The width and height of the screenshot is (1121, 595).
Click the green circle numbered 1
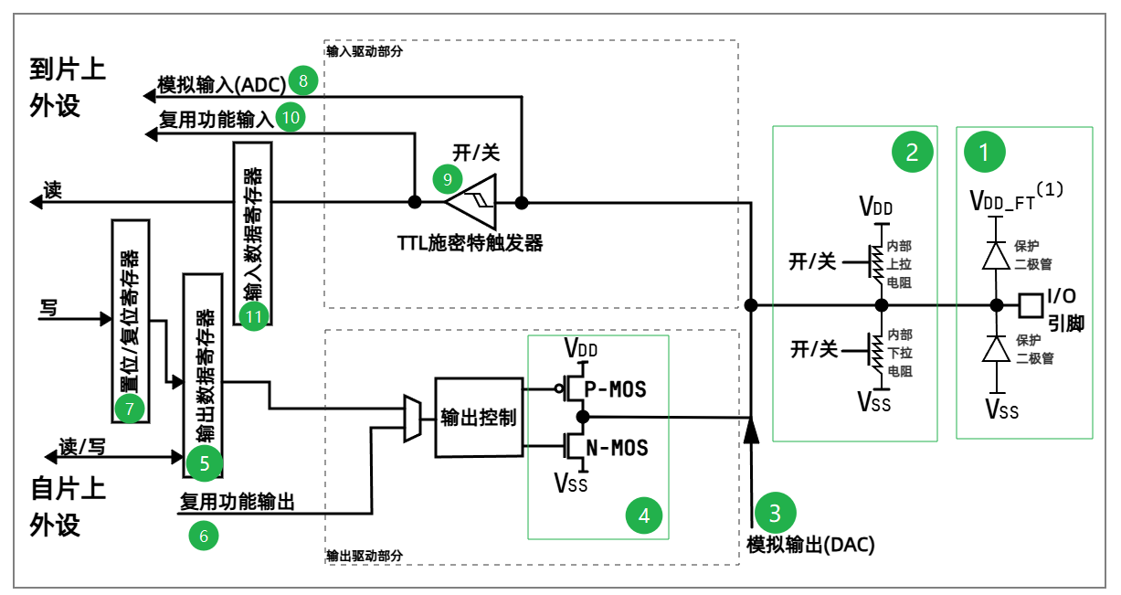pyautogui.click(x=984, y=153)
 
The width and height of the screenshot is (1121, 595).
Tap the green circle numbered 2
pyautogui.click(x=911, y=153)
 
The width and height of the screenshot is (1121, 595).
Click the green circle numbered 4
pyautogui.click(x=644, y=515)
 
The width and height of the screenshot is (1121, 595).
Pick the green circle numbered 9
pyautogui.click(x=449, y=179)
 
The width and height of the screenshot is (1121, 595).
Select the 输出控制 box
pyautogui.click(x=478, y=418)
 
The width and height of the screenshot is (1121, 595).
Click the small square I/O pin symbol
pyautogui.click(x=1031, y=304)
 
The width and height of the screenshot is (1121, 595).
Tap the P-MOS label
pyautogui.click(x=615, y=389)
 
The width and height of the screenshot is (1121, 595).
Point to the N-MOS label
pyautogui.click(x=616, y=448)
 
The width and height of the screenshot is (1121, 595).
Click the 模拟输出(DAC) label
pyautogui.click(x=810, y=546)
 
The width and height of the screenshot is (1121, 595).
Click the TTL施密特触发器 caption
pyautogui.click(x=470, y=243)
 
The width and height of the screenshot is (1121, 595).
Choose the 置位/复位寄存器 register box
pyautogui.click(x=129, y=321)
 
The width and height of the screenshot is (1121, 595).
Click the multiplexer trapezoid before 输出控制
pyautogui.click(x=412, y=418)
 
